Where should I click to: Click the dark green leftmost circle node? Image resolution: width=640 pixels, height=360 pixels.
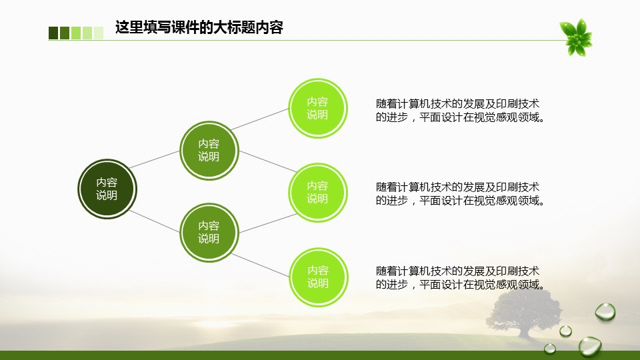pyautogui.click(x=107, y=189)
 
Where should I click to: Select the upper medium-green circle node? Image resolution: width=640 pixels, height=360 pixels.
pyautogui.click(x=209, y=150)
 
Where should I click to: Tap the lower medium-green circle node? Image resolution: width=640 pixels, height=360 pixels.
pyautogui.click(x=209, y=232)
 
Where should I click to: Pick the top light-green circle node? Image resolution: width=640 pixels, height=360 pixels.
pyautogui.click(x=318, y=108)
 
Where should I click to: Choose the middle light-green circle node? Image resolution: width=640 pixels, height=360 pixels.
pyautogui.click(x=318, y=192)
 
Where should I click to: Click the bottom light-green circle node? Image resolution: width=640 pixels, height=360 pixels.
pyautogui.click(x=319, y=277)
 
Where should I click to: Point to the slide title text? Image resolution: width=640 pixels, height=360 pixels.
pyautogui.click(x=199, y=27)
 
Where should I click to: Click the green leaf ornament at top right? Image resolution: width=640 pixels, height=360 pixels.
pyautogui.click(x=576, y=37)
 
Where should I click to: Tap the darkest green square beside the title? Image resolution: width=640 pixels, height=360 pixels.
pyautogui.click(x=53, y=33)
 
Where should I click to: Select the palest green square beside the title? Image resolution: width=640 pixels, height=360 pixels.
pyautogui.click(x=99, y=33)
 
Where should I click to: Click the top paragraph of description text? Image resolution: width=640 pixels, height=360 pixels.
pyautogui.click(x=460, y=111)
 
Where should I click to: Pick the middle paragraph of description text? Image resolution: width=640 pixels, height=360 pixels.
pyautogui.click(x=460, y=194)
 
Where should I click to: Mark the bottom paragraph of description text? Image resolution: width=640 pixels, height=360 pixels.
pyautogui.click(x=460, y=278)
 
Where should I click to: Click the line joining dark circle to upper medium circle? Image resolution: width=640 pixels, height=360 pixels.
pyautogui.click(x=154, y=159)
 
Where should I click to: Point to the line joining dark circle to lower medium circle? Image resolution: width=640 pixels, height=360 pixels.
pyautogui.click(x=154, y=221)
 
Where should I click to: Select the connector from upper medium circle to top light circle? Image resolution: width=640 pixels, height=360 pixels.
pyautogui.click(x=260, y=119)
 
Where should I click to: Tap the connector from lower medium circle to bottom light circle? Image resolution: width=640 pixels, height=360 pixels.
pyautogui.click(x=261, y=265)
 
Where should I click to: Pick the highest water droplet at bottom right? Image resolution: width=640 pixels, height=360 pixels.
pyautogui.click(x=605, y=312)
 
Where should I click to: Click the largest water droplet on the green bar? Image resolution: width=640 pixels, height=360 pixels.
pyautogui.click(x=590, y=347)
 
